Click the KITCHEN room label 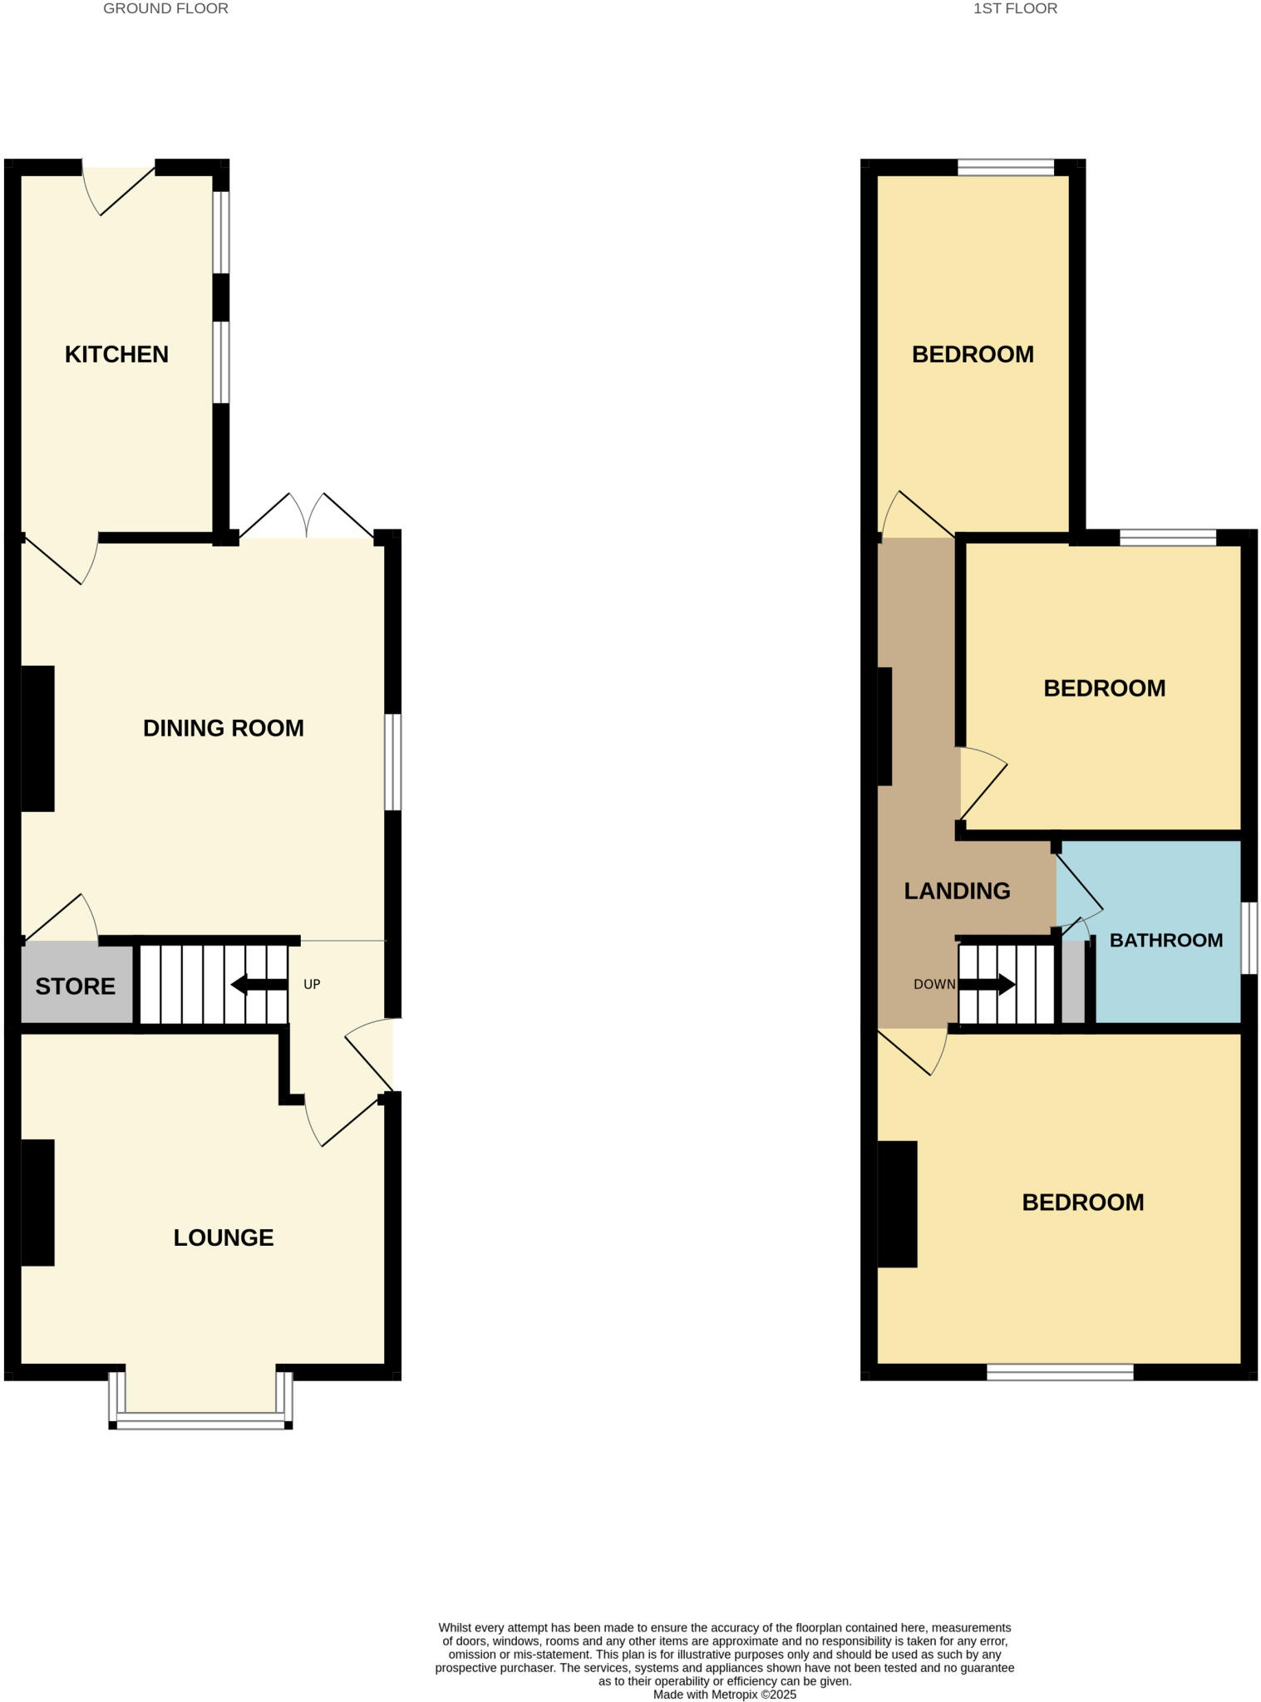(116, 354)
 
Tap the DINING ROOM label (223, 728)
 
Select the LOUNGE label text (223, 1237)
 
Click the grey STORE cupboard (75, 986)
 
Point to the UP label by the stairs (312, 984)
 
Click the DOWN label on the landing (934, 984)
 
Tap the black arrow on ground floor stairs (259, 985)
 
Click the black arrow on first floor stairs (987, 985)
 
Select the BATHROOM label (1165, 940)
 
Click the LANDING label (957, 891)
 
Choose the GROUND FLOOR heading (165, 8)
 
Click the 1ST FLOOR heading (1015, 8)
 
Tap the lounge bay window (200, 1424)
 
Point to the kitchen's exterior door (118, 187)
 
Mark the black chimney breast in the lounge (37, 1202)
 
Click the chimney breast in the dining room (37, 738)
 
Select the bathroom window (1249, 937)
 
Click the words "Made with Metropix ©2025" (724, 1695)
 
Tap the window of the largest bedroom (1060, 1371)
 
